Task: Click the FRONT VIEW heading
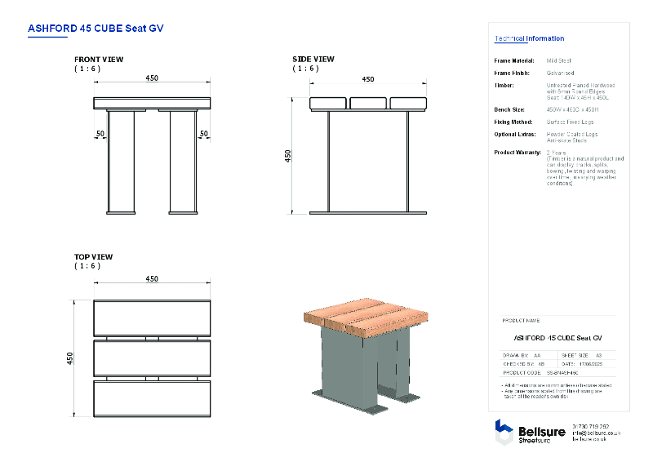[x=99, y=60]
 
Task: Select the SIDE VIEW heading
[x=313, y=60]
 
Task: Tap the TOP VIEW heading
[x=94, y=257]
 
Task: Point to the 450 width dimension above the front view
[x=152, y=78]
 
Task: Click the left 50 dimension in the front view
[x=100, y=133]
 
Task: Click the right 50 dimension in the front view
[x=204, y=133]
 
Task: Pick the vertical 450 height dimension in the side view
[x=287, y=156]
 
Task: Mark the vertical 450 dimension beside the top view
[x=70, y=358]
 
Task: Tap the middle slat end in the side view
[x=368, y=103]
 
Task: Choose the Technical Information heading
[x=529, y=38]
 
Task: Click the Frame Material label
[x=514, y=60]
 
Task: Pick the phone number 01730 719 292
[x=592, y=426]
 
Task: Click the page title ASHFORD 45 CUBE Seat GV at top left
[x=96, y=28]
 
